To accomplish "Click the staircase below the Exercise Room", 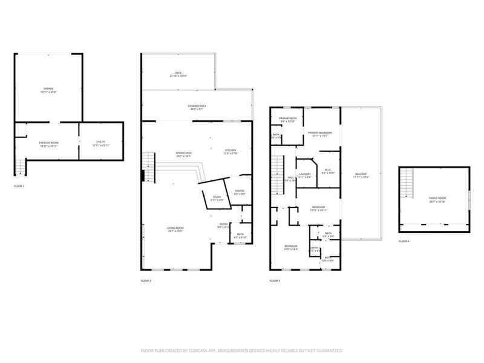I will (x=20, y=165).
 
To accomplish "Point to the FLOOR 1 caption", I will (x=19, y=186).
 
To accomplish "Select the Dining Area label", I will (x=184, y=154).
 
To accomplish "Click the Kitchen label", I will (x=230, y=151).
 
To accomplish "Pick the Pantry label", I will (x=240, y=192).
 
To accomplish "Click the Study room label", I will (x=216, y=197).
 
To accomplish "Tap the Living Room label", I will (x=175, y=229).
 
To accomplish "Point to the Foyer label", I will (x=224, y=225).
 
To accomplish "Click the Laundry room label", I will (x=304, y=175).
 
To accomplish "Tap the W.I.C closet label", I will (x=327, y=171).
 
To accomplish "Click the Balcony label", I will (x=361, y=175).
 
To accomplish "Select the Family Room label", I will (x=437, y=199).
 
